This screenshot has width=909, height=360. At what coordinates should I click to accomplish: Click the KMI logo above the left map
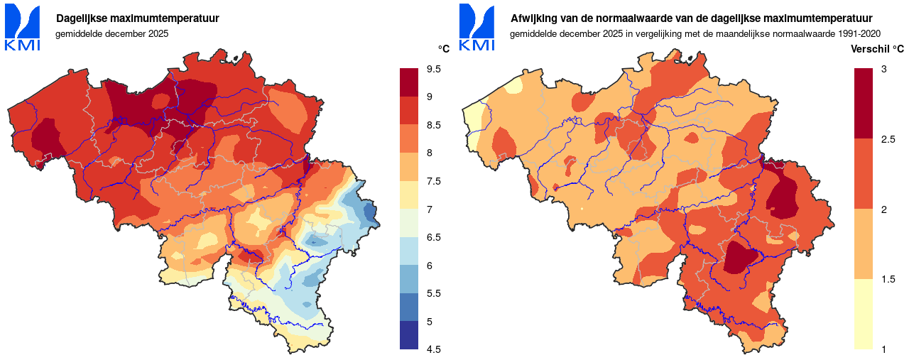pos(23,28)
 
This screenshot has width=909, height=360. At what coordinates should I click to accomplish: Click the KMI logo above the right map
pos(477,28)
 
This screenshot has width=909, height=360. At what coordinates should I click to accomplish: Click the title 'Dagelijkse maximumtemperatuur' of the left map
pos(138,18)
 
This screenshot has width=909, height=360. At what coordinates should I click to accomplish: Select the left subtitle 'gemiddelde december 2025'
pos(111,33)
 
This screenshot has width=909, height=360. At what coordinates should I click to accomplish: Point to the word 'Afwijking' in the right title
pos(534,18)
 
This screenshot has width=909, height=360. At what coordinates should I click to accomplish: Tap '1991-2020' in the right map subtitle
pos(859,33)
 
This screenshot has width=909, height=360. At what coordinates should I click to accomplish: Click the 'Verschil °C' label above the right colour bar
pos(877,49)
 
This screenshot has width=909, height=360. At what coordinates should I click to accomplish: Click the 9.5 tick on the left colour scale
pos(433,69)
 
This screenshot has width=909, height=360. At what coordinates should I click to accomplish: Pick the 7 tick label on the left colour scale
pos(430,209)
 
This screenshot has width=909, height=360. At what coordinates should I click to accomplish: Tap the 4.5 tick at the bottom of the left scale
pos(433,349)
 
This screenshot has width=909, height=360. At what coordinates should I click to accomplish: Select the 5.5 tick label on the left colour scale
pos(433,293)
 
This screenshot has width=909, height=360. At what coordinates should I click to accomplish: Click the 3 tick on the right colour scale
pos(883,69)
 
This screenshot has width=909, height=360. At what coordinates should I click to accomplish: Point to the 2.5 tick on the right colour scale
pos(888,138)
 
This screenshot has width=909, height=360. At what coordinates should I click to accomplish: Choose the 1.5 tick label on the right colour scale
pos(888,279)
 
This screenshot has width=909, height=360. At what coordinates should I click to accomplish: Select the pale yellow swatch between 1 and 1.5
pos(863,314)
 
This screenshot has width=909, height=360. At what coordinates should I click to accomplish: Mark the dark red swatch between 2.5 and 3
pos(863,103)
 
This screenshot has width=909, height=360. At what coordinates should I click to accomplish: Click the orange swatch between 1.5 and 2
pos(863,244)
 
